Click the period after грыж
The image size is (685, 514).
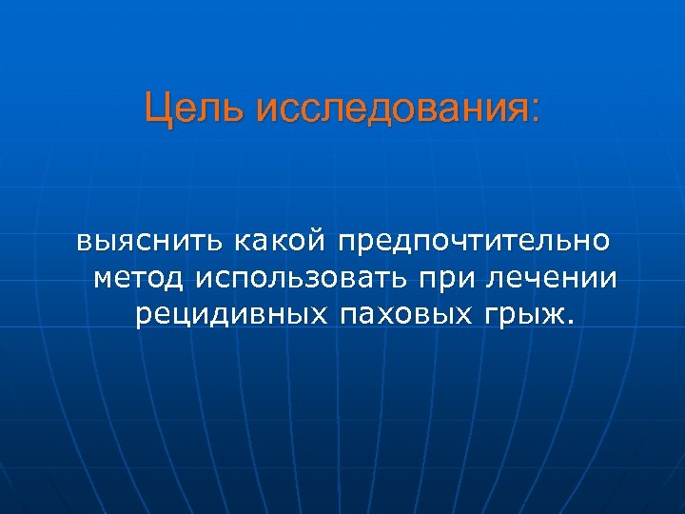pyautogui.click(x=571, y=323)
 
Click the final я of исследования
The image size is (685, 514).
pyautogui.click(x=515, y=111)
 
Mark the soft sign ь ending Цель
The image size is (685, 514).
pyautogui.click(x=239, y=110)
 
